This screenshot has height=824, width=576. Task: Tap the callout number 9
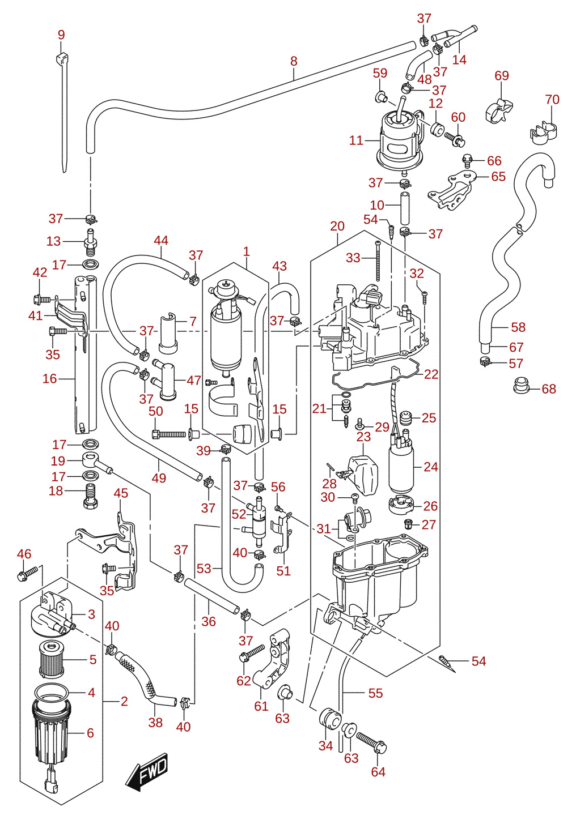61,35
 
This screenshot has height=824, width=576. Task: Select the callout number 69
502,75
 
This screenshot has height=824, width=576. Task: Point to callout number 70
552,99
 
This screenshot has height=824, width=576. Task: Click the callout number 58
518,327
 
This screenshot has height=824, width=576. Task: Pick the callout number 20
337,226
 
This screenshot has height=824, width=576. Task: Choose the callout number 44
161,240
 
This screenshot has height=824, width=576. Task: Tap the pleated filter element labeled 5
53,660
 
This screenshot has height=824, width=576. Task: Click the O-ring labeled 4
52,692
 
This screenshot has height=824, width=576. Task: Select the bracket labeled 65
451,190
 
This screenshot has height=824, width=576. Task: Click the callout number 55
375,693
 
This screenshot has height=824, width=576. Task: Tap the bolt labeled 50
169,434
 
